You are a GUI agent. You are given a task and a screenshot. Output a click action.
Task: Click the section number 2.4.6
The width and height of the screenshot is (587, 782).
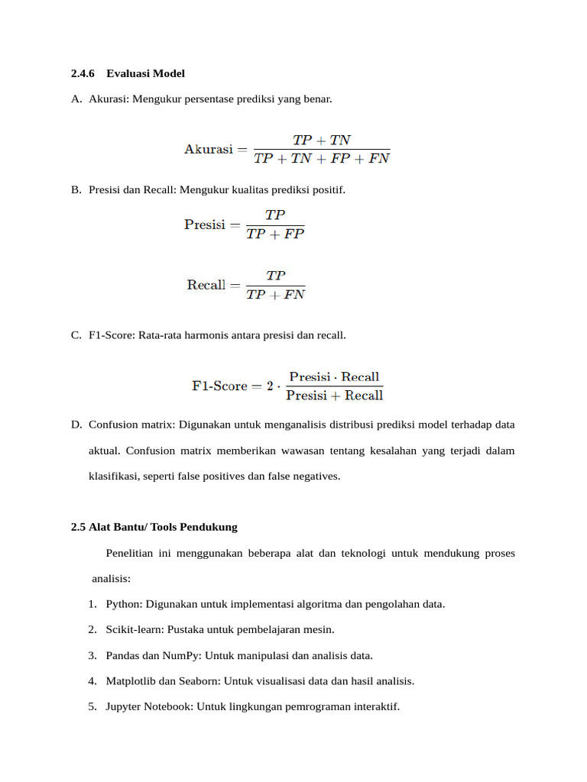coord(82,74)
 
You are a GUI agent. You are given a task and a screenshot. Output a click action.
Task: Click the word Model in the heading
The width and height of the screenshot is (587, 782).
coord(169,74)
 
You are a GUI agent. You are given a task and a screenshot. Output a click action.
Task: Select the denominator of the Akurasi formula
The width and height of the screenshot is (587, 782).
coord(322,159)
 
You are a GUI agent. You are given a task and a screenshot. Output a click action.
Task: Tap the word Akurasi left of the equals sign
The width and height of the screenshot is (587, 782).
coord(208,150)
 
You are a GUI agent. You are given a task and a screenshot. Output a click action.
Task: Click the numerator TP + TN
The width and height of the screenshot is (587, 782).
coord(322,141)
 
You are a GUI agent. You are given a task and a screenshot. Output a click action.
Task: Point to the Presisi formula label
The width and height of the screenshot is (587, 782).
coord(205,225)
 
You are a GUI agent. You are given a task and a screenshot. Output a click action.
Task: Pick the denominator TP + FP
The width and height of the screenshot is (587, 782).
coord(275,234)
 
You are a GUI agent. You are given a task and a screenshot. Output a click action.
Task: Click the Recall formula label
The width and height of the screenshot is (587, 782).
coord(206,285)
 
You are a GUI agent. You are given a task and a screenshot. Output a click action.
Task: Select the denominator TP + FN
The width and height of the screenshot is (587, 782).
coord(275,295)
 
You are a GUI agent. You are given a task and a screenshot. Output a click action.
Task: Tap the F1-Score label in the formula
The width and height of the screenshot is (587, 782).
coord(219,386)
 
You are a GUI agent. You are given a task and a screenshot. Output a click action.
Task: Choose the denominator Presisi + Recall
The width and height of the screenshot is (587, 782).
coord(334,396)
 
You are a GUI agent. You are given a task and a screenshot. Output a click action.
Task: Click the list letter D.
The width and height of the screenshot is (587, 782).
coord(76,425)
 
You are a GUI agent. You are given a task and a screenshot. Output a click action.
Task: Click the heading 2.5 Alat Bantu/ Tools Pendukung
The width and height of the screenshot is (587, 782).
coord(154,527)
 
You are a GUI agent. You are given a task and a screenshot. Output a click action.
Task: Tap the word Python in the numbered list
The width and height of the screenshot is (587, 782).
coord(123,604)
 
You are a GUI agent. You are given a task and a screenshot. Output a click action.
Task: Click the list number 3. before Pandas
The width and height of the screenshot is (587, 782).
coord(92,655)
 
